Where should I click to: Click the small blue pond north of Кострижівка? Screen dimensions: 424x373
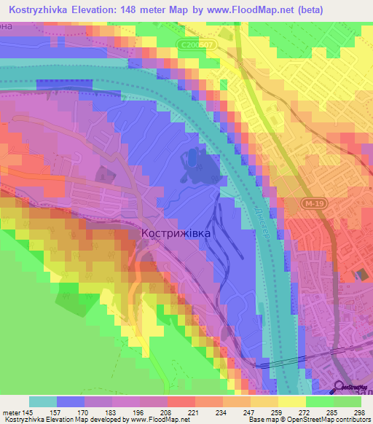point(192,157)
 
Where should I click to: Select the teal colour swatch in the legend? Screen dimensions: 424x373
point(42,401)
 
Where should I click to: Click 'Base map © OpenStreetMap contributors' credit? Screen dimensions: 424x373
point(307,420)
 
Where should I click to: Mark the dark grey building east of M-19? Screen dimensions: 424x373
point(362,274)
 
